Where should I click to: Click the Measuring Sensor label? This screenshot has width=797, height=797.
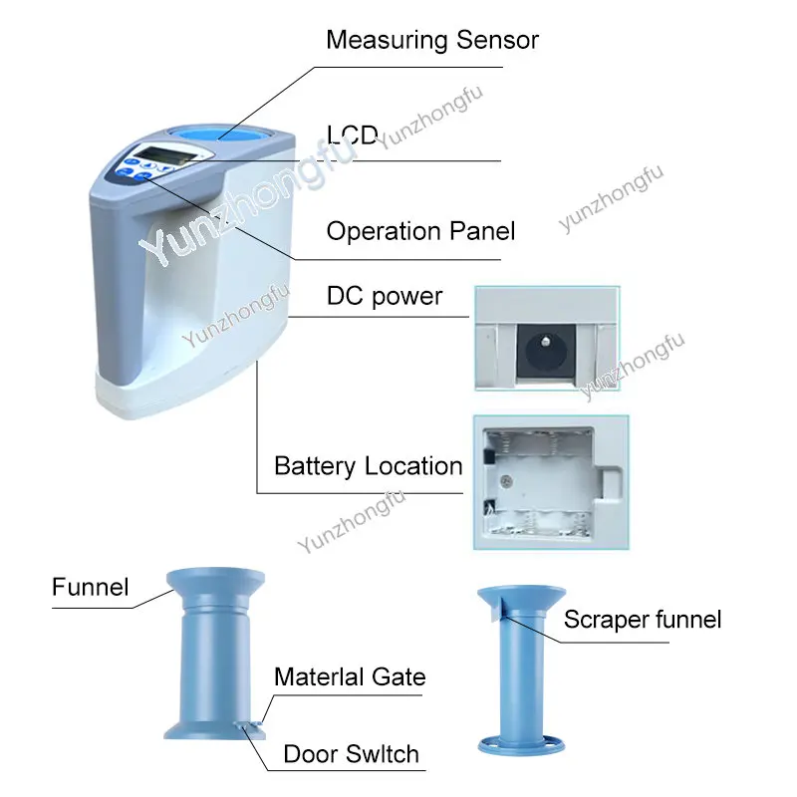[x=432, y=40]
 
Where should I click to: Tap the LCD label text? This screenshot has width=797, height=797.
[x=353, y=134]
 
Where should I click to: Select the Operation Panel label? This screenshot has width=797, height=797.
[x=420, y=231]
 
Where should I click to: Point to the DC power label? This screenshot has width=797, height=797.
[x=385, y=296]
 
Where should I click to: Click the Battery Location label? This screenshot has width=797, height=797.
[x=368, y=466]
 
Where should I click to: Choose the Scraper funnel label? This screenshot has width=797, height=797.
[x=643, y=620]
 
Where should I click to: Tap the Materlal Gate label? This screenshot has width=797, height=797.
[x=350, y=677]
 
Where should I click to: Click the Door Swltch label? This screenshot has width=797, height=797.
[x=352, y=754]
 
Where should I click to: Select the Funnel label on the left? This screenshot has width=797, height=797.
[x=90, y=587]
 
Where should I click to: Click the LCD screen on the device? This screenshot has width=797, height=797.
[x=161, y=156]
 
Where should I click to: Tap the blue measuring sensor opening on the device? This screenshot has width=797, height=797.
[x=220, y=133]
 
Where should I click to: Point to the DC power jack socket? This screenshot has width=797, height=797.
[x=546, y=351]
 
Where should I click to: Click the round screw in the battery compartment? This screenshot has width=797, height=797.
[x=505, y=480]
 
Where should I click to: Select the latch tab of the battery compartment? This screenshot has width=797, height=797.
[x=610, y=483]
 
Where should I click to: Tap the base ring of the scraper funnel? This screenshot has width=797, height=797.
[x=521, y=745]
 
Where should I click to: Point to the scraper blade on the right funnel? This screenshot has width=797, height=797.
[x=496, y=609]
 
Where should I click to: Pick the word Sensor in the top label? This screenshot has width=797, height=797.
[x=497, y=40]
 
